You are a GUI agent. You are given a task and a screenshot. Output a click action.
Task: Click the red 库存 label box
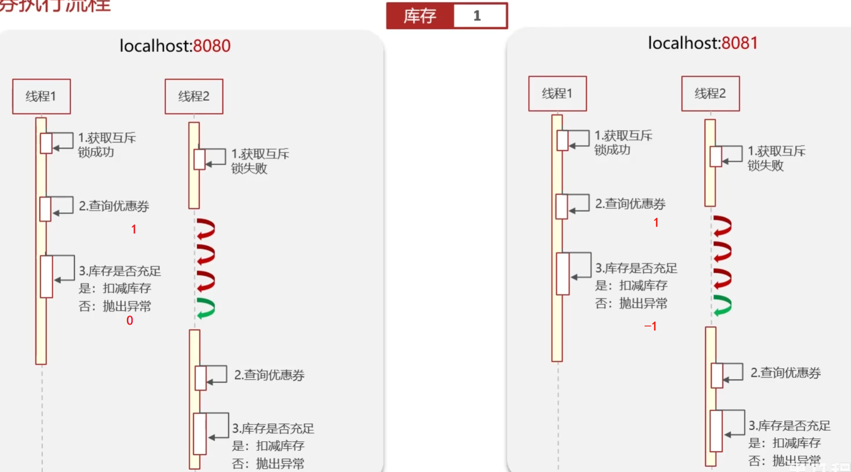tap(419, 16)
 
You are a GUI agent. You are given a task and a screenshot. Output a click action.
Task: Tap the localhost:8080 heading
tap(175, 46)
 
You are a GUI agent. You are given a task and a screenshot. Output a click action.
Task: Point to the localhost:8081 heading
tap(703, 43)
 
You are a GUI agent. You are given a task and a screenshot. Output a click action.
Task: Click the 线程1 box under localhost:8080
tap(41, 97)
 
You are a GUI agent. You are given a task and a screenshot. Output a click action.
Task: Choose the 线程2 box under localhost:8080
tap(194, 97)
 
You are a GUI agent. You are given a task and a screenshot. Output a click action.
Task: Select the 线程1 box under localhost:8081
tap(557, 94)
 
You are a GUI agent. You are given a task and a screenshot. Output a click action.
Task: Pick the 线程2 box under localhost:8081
tap(710, 94)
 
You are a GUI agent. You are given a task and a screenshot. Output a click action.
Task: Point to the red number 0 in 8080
tap(130, 321)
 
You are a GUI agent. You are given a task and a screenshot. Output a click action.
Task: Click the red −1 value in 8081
tap(651, 327)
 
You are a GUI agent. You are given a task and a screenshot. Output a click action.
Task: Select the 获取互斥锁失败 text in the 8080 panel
tap(259, 161)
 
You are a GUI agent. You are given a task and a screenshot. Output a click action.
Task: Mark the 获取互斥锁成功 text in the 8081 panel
tap(623, 143)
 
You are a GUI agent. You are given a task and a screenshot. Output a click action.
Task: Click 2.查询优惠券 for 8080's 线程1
tap(114, 206)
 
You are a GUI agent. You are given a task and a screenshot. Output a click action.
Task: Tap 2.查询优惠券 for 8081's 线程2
tap(785, 373)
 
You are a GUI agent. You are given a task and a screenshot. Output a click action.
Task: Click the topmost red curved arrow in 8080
tap(206, 229)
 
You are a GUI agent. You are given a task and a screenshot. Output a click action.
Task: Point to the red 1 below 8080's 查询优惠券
tap(134, 230)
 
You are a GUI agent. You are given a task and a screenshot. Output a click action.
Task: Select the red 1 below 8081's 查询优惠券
tap(656, 223)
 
